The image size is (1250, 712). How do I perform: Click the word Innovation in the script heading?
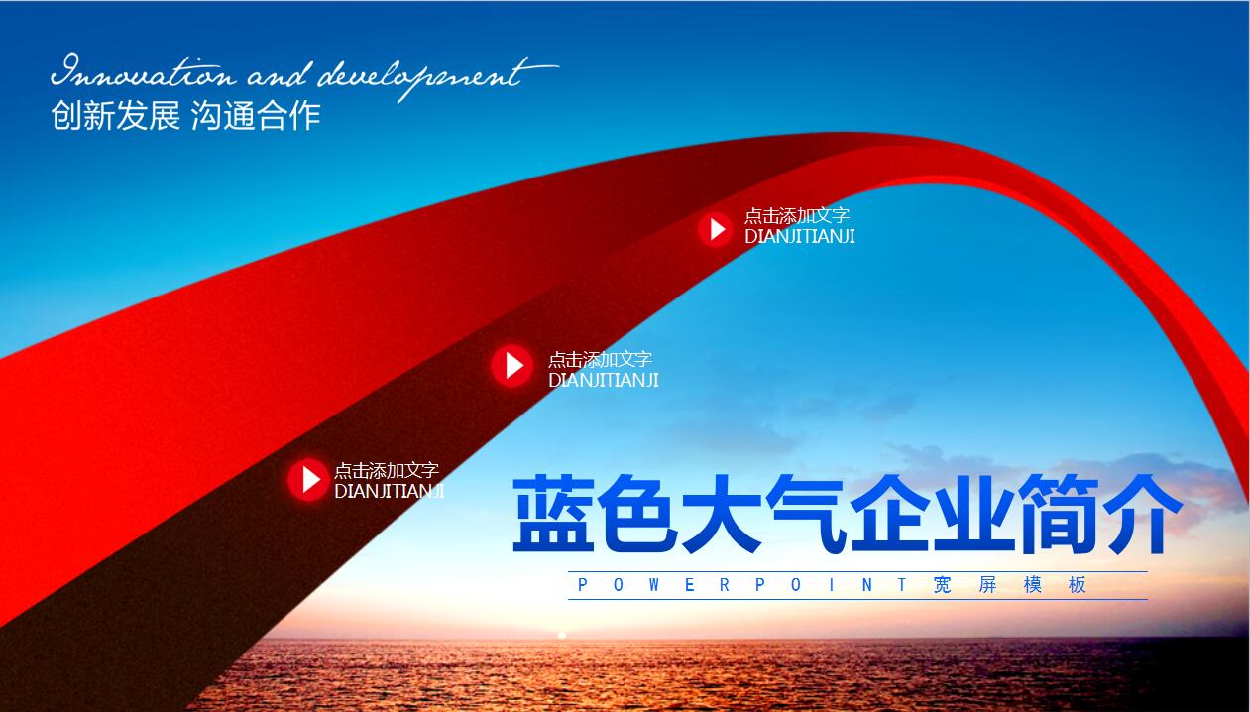tap(144, 71)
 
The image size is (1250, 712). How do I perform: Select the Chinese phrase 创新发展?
tap(116, 116)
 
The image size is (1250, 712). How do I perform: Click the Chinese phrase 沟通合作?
tap(256, 116)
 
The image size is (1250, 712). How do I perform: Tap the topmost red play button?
tap(716, 229)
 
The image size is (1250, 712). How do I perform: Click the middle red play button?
tap(512, 366)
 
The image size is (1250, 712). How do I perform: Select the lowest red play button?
tap(308, 479)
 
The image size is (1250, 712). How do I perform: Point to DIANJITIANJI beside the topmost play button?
tap(800, 236)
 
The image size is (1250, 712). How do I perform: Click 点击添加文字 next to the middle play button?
tap(600, 359)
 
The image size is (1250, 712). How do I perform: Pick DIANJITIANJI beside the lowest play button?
tap(389, 491)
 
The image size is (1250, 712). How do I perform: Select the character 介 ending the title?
tap(1145, 514)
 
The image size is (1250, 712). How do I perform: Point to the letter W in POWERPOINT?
tap(654, 585)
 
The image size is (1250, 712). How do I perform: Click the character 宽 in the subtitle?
tap(943, 585)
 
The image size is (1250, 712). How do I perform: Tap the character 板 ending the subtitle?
tap(1077, 585)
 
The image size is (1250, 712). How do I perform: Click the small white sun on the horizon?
tap(562, 635)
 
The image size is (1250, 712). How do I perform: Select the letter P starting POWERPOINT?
tap(583, 585)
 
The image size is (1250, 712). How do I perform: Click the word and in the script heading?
tap(278, 74)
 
